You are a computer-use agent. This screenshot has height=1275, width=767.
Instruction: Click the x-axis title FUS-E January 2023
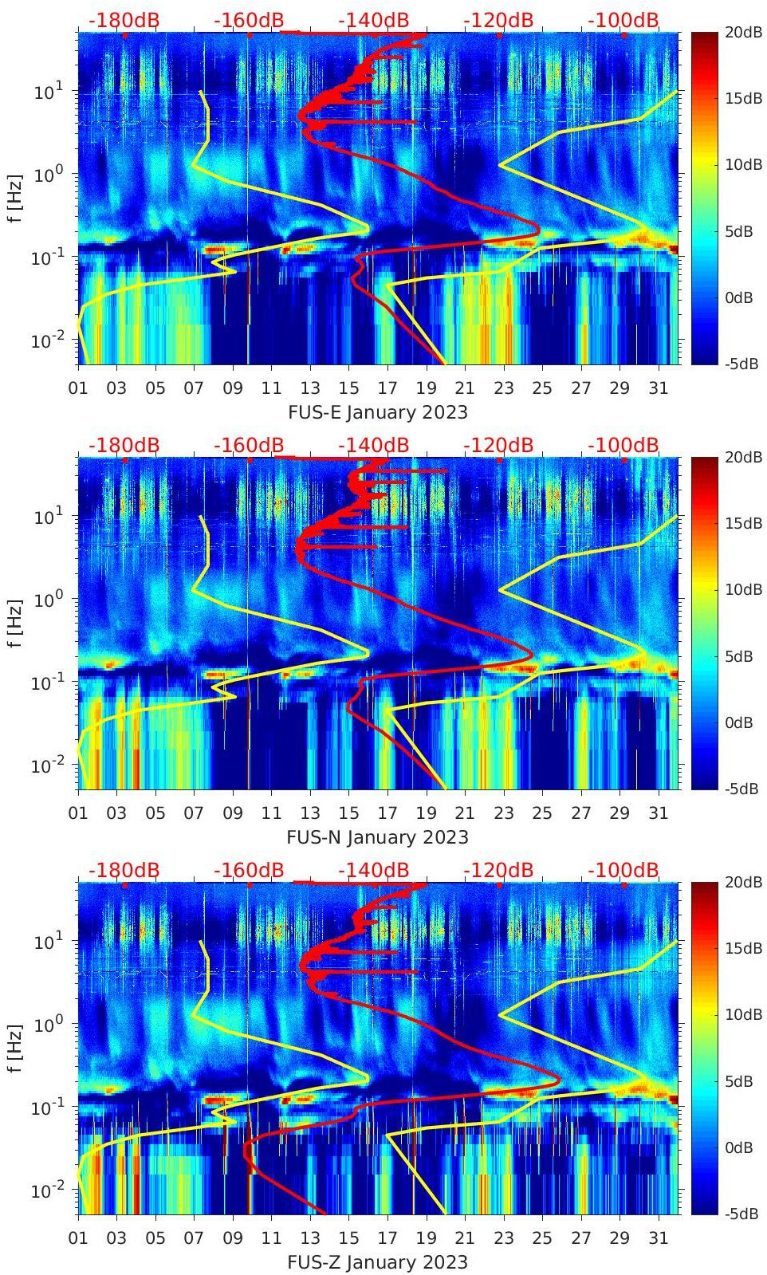377,412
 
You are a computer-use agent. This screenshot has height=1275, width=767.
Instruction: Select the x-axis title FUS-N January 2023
377,837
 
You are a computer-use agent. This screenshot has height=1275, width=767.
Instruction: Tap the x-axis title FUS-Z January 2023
377,1262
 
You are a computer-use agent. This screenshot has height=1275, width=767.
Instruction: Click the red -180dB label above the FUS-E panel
124,20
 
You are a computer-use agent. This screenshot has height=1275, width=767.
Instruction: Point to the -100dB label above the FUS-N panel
623,445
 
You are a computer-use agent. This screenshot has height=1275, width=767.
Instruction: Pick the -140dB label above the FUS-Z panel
373,870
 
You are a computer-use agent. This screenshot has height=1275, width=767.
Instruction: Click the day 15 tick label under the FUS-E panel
348,388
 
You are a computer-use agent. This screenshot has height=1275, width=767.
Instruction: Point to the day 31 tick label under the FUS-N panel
658,813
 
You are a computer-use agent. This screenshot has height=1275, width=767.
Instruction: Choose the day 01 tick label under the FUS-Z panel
78,1238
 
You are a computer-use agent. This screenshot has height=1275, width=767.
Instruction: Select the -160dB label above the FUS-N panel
249,445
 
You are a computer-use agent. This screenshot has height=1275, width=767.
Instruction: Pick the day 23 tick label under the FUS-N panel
503,813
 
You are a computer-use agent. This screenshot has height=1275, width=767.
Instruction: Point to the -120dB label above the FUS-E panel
498,20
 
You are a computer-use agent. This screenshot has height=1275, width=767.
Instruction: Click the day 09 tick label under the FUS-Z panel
233,1238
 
